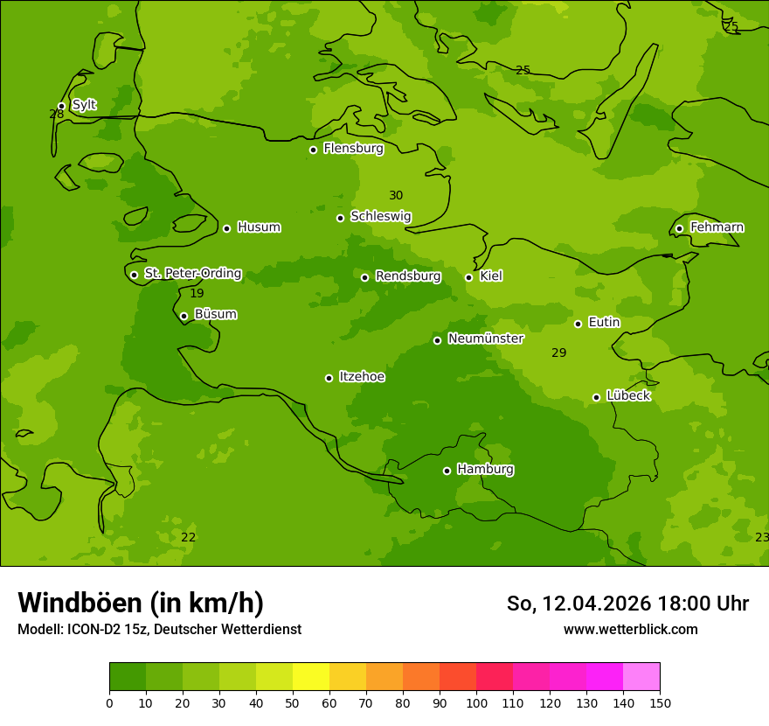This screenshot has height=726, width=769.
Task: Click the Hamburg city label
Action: (485, 470)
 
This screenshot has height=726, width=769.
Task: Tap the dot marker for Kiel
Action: (468, 277)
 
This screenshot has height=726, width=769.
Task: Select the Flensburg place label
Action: (353, 149)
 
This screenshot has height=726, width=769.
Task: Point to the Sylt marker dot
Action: (61, 107)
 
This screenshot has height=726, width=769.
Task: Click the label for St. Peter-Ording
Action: (192, 274)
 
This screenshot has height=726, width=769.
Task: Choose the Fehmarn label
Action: (717, 227)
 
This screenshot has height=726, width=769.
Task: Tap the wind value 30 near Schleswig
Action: (396, 196)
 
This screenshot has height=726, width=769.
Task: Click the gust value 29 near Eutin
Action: (559, 353)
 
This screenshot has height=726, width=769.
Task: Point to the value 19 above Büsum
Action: (197, 294)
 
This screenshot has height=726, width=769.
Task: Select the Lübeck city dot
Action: (596, 397)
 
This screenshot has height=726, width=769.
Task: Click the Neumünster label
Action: (486, 339)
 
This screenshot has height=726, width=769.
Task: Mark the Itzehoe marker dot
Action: (329, 378)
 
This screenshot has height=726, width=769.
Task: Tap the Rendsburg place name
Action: (408, 276)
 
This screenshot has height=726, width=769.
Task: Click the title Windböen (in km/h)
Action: (141, 603)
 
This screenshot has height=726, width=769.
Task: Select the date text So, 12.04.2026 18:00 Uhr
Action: (627, 604)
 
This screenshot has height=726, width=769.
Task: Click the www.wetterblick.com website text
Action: (630, 630)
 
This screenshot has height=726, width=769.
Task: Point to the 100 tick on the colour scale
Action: (476, 702)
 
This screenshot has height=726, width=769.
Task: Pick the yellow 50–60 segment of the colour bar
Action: (311, 677)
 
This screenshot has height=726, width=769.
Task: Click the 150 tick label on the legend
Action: (660, 702)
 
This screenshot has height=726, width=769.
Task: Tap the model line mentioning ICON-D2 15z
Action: (159, 630)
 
